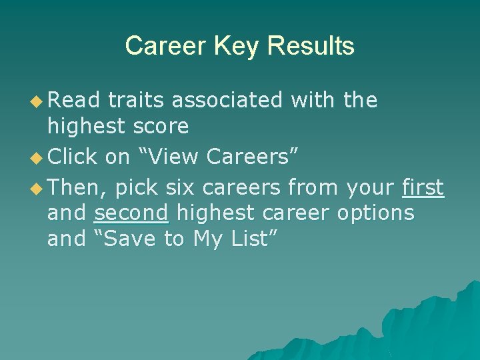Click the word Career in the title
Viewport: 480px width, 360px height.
point(166,46)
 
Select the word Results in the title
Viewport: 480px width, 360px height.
point(310,46)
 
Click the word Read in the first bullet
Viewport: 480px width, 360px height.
point(74,101)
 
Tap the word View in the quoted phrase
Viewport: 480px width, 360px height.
point(175,157)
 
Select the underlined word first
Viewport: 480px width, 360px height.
point(423,189)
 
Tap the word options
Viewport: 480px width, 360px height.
point(376,213)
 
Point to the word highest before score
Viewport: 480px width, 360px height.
point(85,126)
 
